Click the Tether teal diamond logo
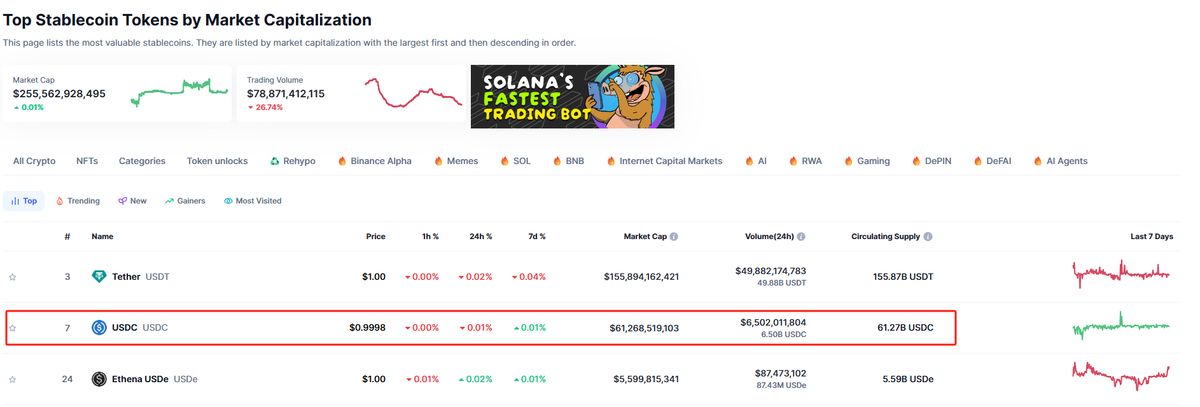[99, 277]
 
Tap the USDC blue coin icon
[99, 328]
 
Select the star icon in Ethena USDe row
[12, 380]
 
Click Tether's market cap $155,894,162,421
[641, 277]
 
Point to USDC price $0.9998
[367, 328]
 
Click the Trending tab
[78, 201]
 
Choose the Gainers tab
[185, 201]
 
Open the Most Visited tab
[253, 201]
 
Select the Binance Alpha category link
[375, 161]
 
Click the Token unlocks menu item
[217, 161]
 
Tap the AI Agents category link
[1061, 161]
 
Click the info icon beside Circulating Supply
[928, 237]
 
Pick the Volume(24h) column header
[769, 237]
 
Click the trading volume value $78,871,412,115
[286, 93]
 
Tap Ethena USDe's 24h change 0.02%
[475, 379]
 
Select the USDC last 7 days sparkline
[1120, 326]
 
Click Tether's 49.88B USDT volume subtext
[781, 283]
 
